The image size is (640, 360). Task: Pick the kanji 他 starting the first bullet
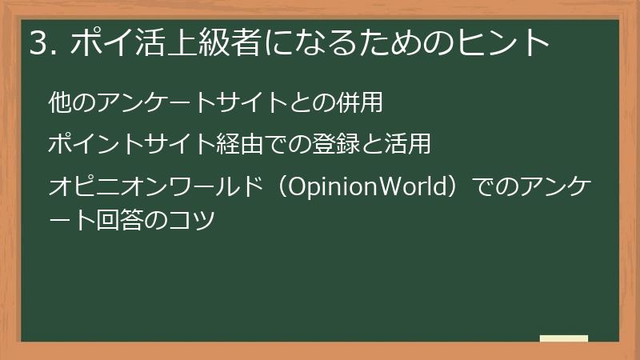[58, 102]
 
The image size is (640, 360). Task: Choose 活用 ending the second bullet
[408, 145]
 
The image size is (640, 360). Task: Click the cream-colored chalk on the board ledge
[563, 338]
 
